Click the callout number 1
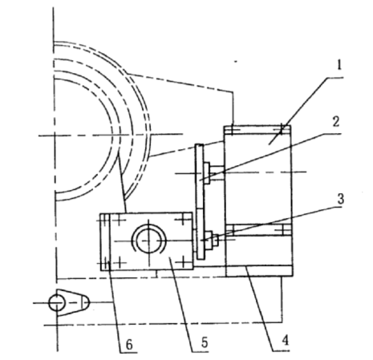[339, 65]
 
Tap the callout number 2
[336, 122]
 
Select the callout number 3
[340, 199]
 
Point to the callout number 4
[286, 341]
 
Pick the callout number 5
[205, 342]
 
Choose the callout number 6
[129, 345]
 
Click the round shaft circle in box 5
[149, 241]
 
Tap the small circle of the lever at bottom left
[56, 303]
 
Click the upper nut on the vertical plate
[206, 173]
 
